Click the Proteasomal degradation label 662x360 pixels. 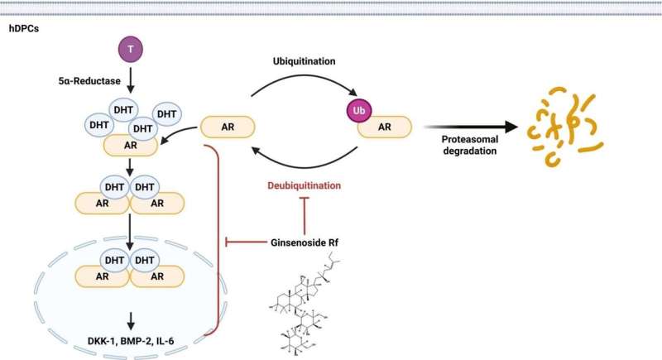click(x=463, y=146)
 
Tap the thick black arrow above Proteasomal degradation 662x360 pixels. click(x=471, y=127)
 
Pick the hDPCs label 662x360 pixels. click(x=26, y=27)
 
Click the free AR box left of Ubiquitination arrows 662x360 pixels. click(x=227, y=127)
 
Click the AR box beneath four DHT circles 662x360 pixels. click(x=131, y=145)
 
